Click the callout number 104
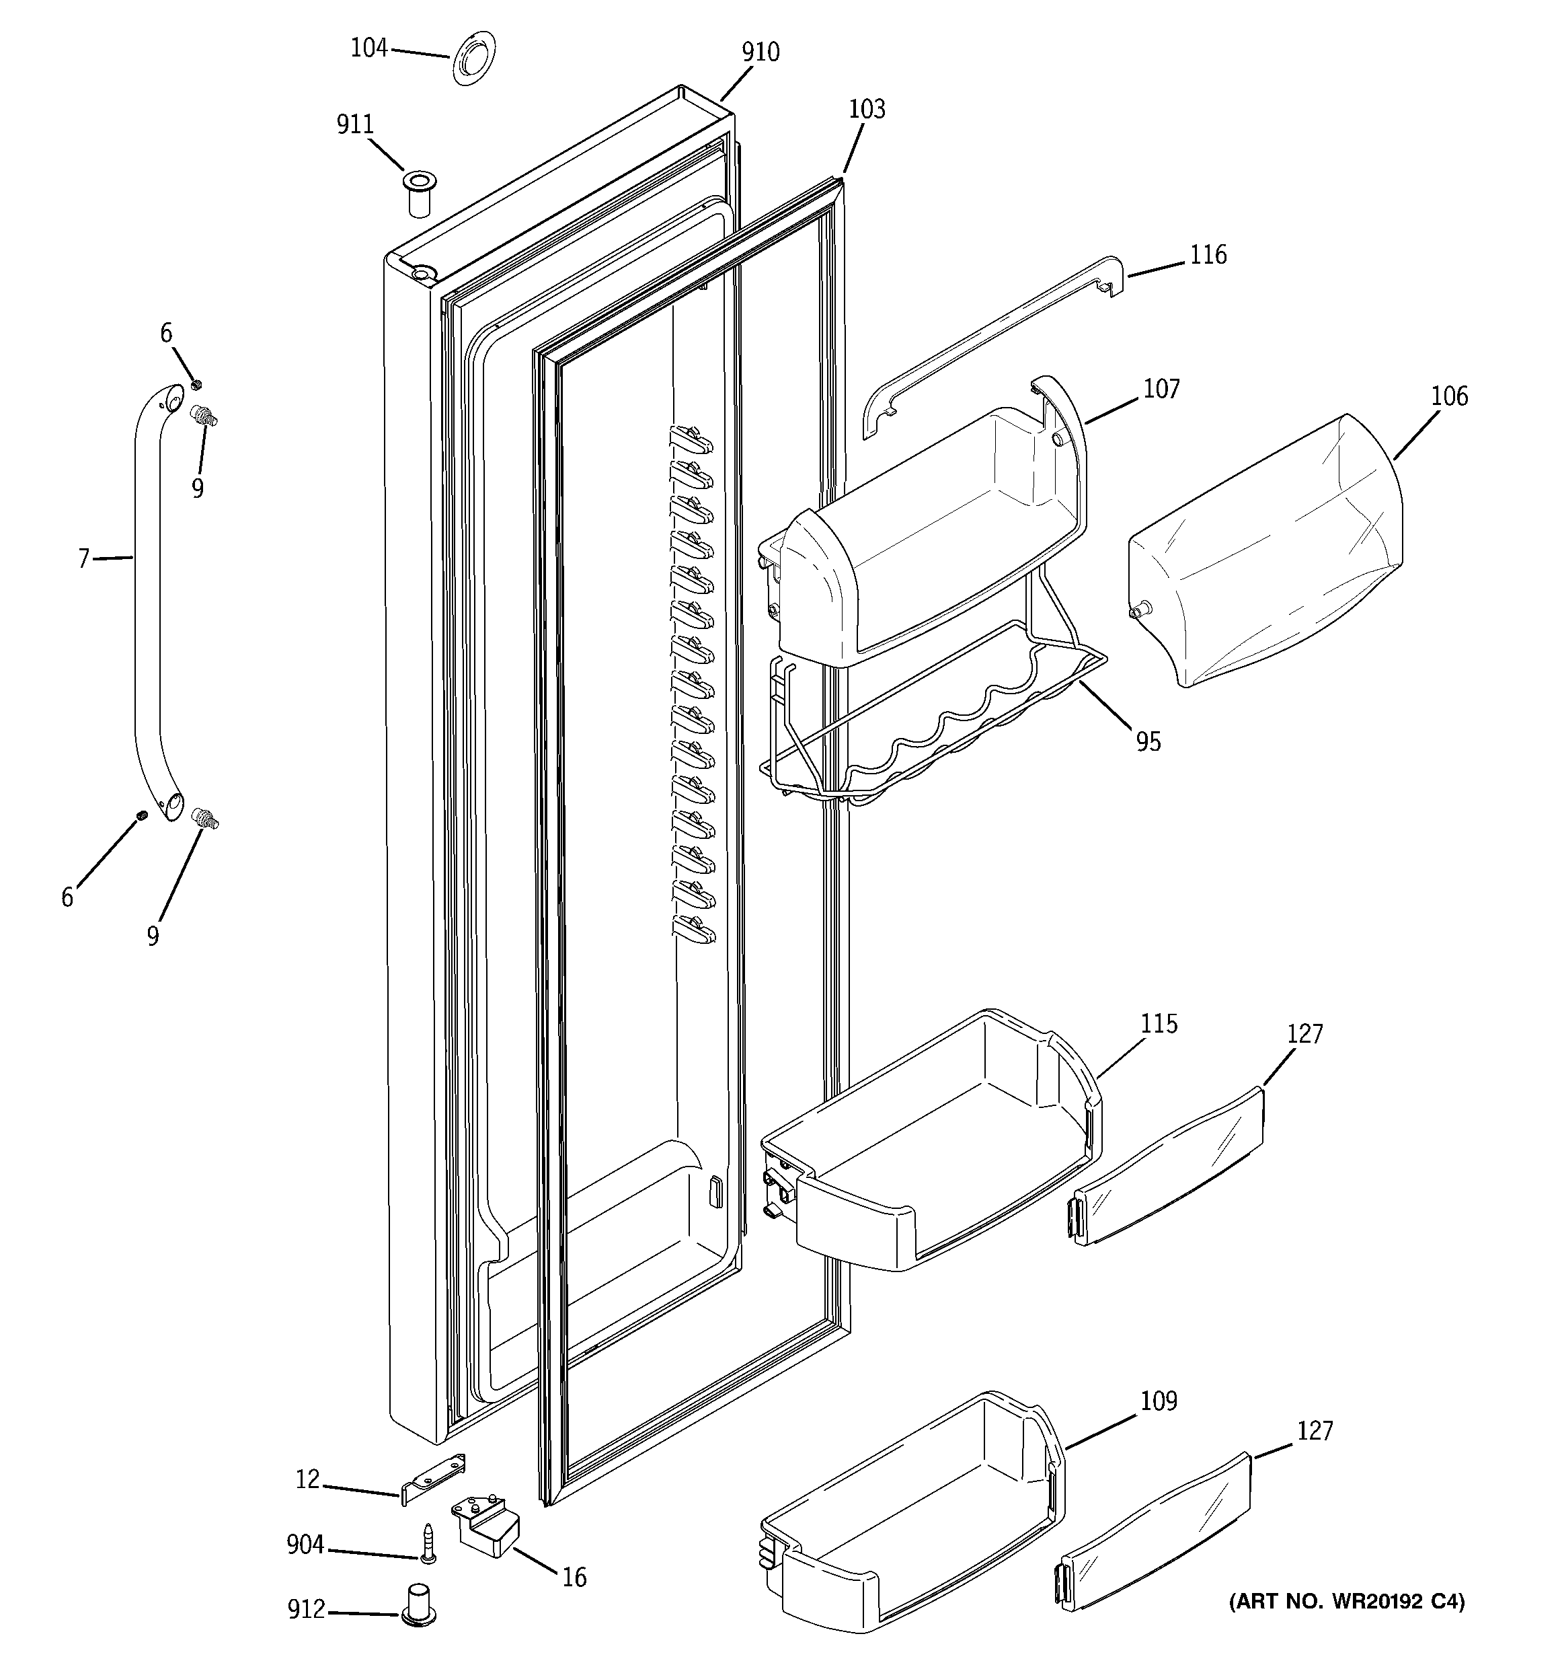(x=368, y=48)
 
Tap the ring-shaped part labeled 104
(x=474, y=59)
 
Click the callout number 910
(x=760, y=52)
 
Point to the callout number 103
(x=867, y=109)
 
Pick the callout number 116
(x=1208, y=254)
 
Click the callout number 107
(x=1161, y=389)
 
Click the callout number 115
(x=1159, y=1023)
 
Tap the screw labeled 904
(x=429, y=1543)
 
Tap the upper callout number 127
(x=1304, y=1035)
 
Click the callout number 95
(x=1148, y=741)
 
